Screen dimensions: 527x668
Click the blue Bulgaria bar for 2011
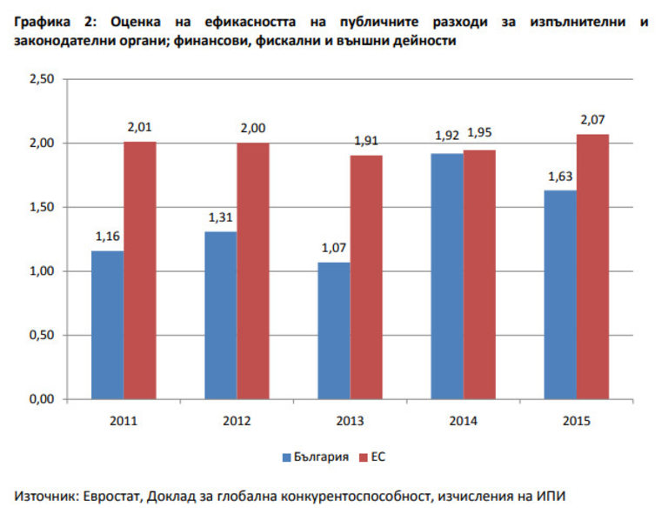click(107, 324)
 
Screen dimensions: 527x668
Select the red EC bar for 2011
click(139, 270)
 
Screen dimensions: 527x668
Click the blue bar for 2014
click(447, 276)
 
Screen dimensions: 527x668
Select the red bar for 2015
click(592, 266)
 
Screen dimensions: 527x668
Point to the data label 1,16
click(106, 237)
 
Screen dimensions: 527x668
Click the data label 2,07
click(594, 119)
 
